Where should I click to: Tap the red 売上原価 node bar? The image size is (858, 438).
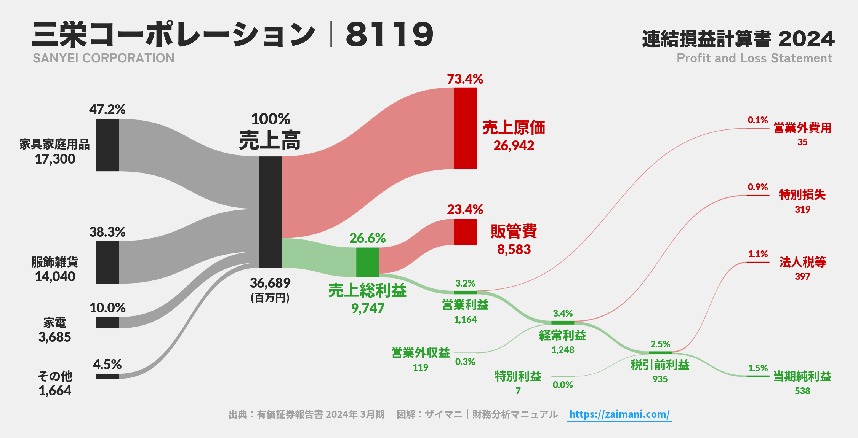465,128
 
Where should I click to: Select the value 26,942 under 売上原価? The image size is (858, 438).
514,146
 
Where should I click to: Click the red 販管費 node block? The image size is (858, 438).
465,232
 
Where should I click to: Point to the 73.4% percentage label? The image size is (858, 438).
465,79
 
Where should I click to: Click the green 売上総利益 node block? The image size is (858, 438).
367,262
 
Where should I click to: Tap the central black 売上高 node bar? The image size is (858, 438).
270,212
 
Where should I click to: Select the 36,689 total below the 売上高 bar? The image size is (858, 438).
270,283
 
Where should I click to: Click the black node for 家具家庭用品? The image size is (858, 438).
107,145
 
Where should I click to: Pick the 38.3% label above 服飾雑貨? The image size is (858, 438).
107,232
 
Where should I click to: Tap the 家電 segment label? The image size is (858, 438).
54,323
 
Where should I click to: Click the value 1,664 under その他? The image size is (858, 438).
55,391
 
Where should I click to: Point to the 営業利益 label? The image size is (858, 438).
465,305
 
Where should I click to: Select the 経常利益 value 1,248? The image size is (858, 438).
563,350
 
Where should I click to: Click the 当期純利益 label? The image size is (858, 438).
802,376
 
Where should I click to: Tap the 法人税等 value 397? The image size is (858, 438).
802,277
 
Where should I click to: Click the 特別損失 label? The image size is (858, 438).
802,195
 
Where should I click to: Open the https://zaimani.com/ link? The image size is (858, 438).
619,414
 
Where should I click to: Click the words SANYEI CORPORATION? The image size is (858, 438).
103,58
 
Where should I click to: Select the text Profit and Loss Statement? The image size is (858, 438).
754,58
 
